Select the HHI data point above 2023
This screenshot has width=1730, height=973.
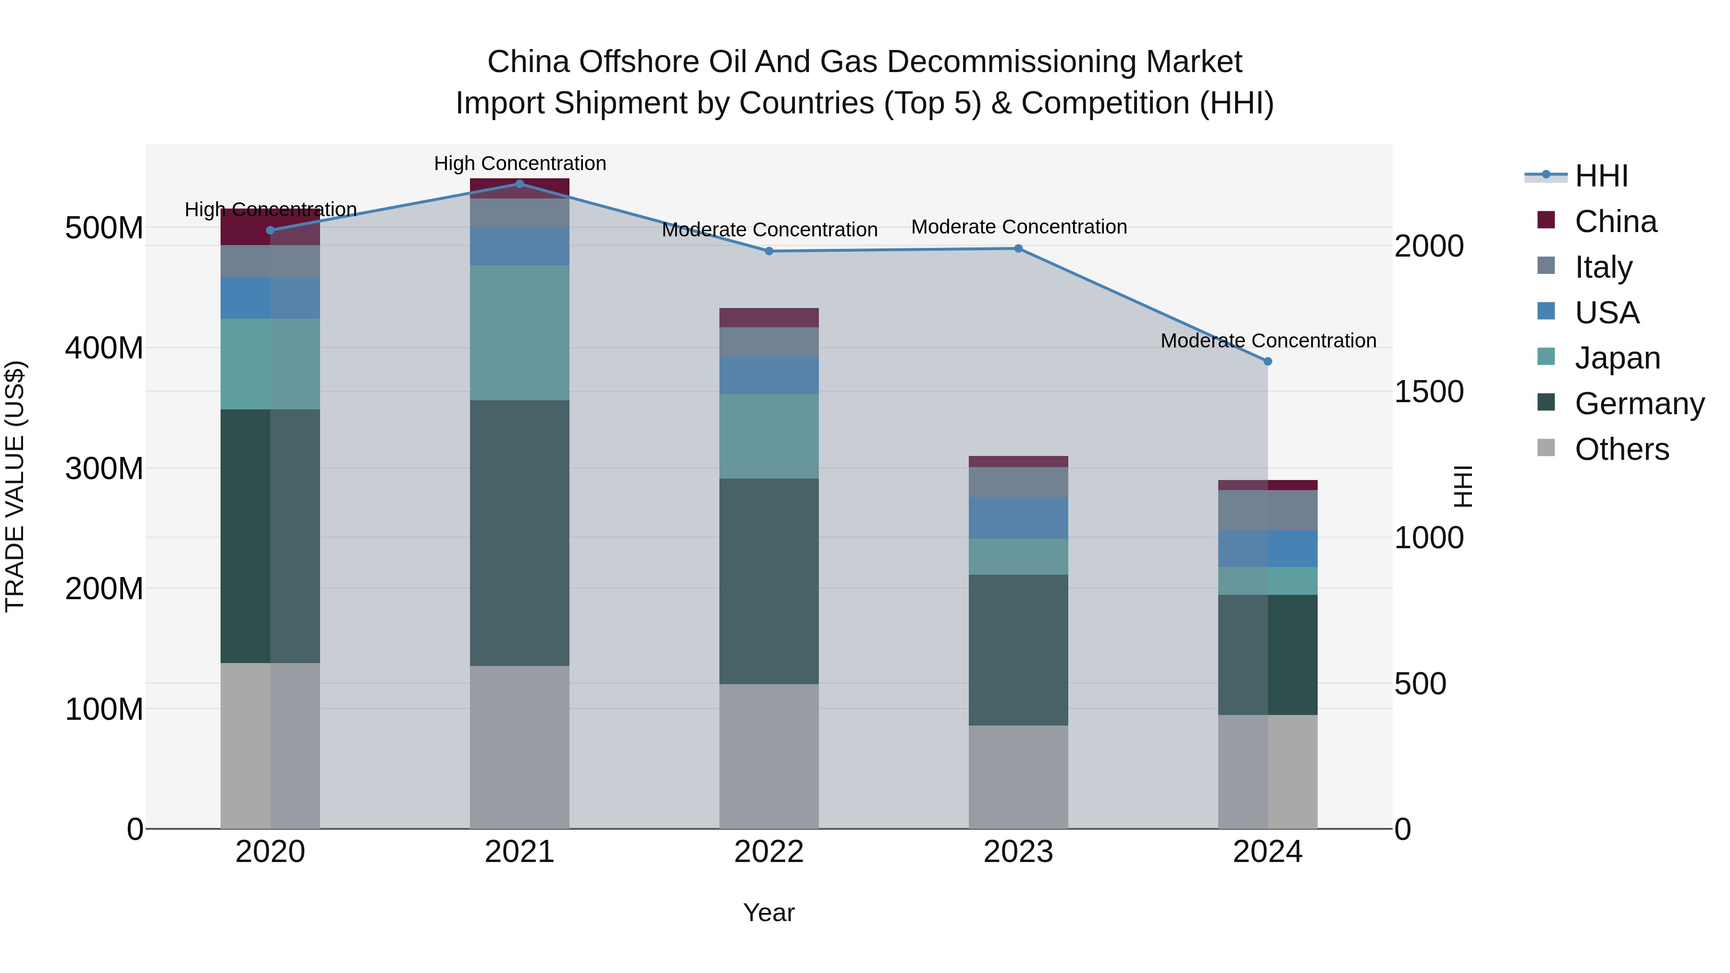(1018, 248)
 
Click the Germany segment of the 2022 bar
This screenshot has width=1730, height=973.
(769, 581)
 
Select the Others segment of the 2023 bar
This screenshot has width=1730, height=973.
(1018, 776)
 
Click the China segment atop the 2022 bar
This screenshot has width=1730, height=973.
(769, 318)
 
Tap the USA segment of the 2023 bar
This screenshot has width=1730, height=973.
(1018, 517)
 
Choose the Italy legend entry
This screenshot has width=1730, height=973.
(1603, 267)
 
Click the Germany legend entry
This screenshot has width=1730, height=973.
(1639, 404)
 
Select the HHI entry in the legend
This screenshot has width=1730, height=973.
(1601, 176)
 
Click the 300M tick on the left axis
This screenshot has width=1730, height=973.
(104, 468)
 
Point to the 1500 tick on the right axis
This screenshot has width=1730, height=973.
(1429, 392)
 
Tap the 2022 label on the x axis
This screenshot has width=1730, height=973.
(769, 852)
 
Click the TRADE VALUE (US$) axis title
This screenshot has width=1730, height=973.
(15, 486)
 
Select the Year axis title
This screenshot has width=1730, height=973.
(769, 912)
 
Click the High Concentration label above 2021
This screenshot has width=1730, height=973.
(520, 163)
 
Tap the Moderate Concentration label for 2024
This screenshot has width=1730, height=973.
(1268, 341)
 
